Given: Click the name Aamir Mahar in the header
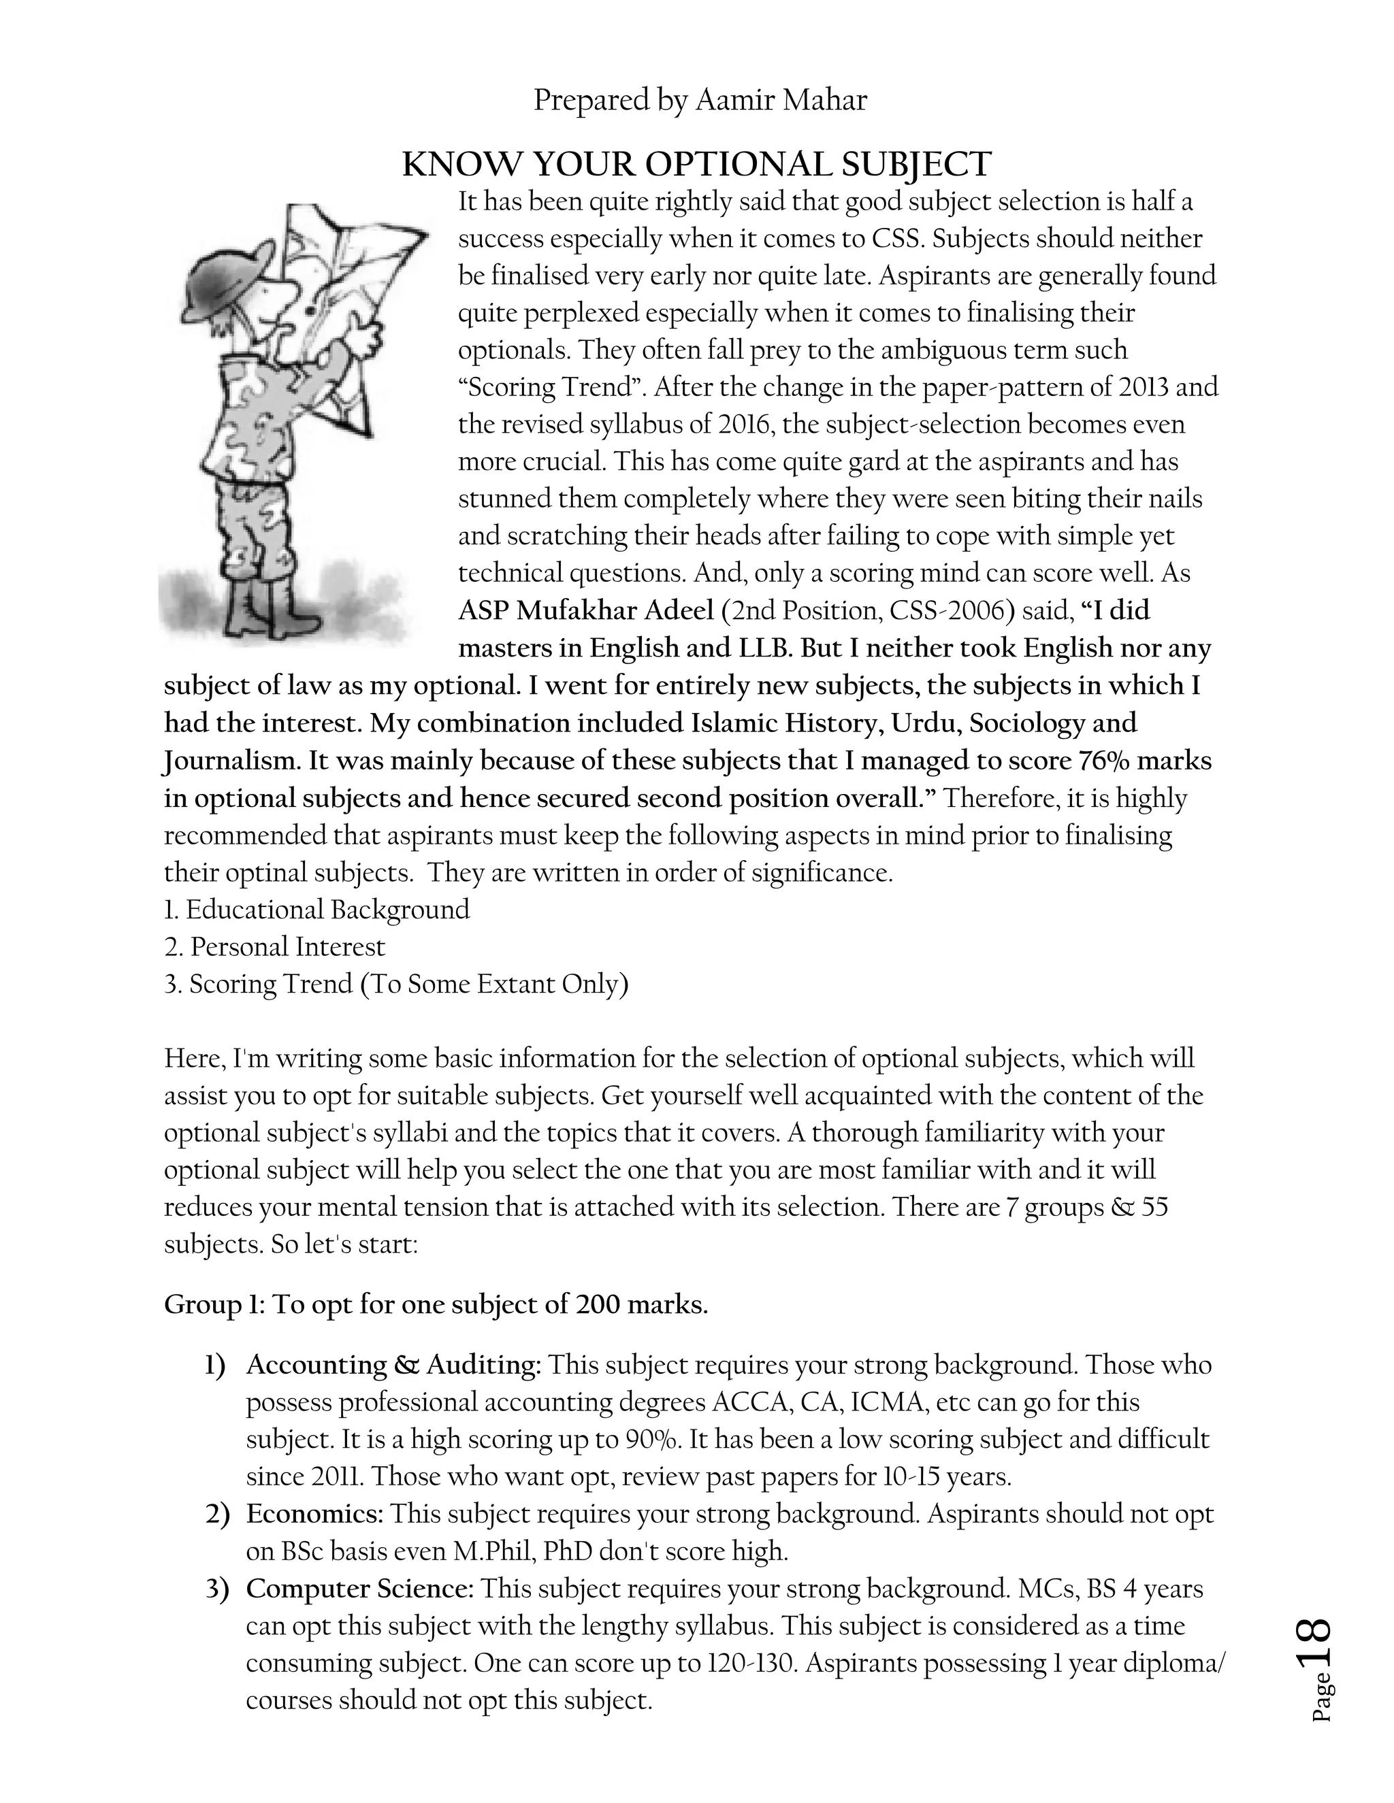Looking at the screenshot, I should [781, 101].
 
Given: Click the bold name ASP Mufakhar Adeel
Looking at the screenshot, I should [585, 611].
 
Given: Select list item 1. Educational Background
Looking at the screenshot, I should [317, 910].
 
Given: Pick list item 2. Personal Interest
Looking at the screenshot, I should [274, 947].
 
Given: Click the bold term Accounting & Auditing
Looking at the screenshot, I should [393, 1365].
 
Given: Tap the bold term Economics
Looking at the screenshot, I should [314, 1514].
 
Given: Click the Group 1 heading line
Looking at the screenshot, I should [436, 1304].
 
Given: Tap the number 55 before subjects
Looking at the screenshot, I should [1154, 1207].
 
